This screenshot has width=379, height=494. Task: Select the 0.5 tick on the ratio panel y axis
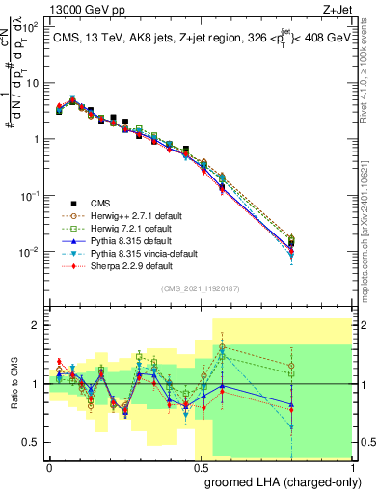33,443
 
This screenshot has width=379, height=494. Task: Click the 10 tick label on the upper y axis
31,82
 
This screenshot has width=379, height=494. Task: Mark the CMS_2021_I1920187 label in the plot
201,288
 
